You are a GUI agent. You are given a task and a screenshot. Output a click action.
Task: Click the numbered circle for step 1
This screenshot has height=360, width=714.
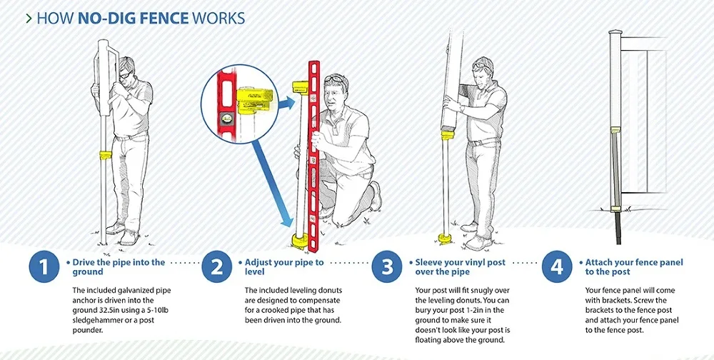44,267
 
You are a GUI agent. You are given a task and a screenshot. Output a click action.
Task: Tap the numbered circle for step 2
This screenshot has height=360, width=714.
216,267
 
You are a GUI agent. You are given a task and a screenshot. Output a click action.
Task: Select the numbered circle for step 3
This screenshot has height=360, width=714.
386,267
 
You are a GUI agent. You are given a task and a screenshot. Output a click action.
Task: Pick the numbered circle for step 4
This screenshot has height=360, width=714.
557,267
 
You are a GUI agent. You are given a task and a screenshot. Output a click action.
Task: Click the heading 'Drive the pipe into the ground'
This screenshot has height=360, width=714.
119,267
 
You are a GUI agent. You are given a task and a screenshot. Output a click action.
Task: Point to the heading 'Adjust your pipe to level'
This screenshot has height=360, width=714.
284,267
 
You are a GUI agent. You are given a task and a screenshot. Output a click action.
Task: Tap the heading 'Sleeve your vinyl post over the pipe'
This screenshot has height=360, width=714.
461,267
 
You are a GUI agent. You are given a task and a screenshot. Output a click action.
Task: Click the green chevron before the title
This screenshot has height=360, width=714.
28,18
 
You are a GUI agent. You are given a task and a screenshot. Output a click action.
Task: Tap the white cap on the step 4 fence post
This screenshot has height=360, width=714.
615,33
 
